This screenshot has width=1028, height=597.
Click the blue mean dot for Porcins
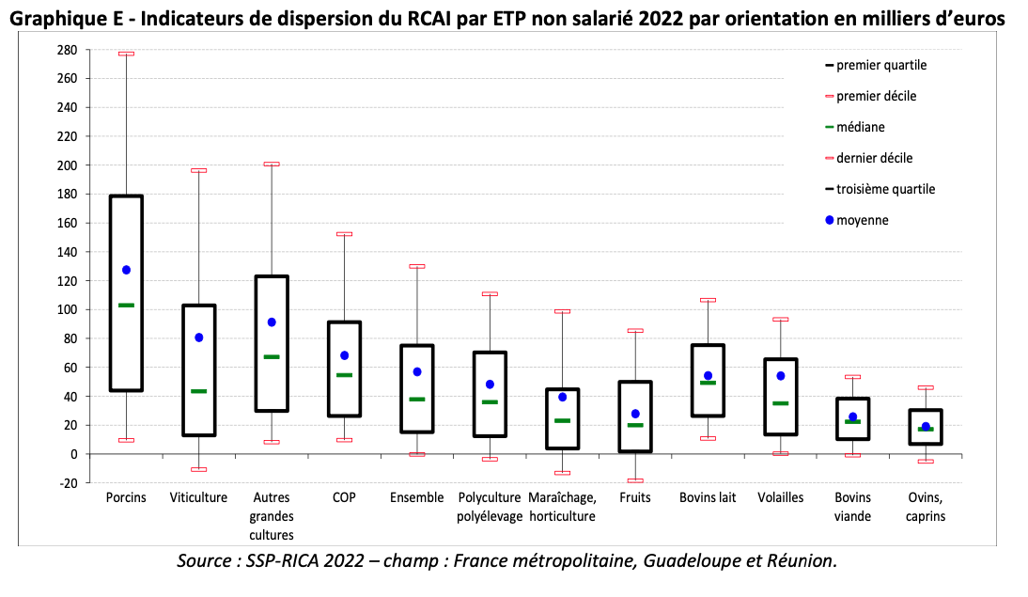pos(126,270)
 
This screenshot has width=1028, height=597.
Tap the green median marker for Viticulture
pos(199,391)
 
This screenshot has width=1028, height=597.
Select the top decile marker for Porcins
pos(126,54)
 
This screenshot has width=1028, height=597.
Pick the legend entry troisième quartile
pos(885,189)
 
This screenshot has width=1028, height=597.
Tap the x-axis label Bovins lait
pos(708,497)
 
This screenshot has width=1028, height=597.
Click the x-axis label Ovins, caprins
pos(926,507)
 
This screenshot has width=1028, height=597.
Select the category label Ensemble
pos(416,497)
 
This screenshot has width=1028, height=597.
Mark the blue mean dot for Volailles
pos(780,376)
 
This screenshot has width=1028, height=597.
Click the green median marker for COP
pos(345,375)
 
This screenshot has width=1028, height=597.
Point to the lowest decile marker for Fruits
pos(635,480)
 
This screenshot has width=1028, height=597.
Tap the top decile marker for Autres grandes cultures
pos(272,164)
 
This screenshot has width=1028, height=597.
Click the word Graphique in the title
pos(56,19)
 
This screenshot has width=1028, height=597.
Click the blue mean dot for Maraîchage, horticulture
pos(562,397)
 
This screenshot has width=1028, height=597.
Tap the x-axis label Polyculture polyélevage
pos(490,507)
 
